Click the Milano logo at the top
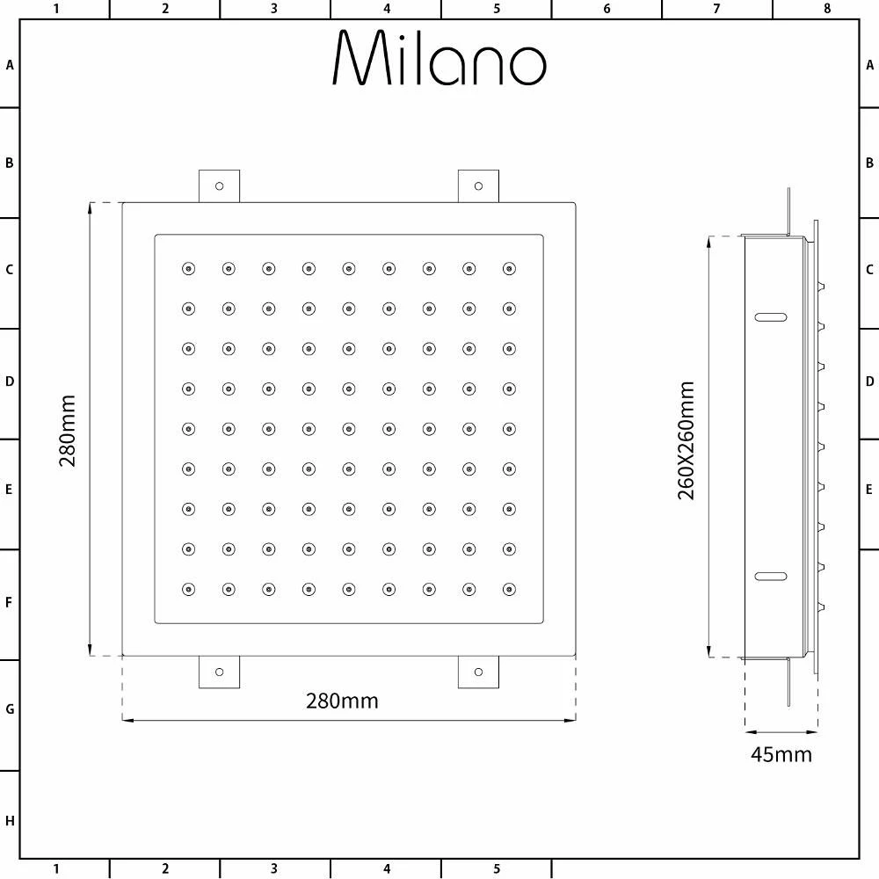[x=439, y=57]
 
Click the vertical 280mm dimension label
[x=68, y=431]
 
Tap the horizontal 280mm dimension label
[x=342, y=701]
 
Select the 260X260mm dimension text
[x=686, y=440]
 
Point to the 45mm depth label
[x=781, y=754]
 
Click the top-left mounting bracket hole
[x=219, y=186]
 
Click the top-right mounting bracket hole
[x=478, y=186]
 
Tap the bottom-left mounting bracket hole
[x=219, y=672]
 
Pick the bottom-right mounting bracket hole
[x=478, y=672]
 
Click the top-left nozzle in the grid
[x=188, y=268]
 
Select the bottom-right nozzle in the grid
[x=509, y=589]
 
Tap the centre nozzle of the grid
[x=349, y=429]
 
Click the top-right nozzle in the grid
[x=509, y=268]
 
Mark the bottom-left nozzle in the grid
[x=188, y=589]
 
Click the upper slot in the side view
[x=771, y=317]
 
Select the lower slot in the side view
[x=771, y=577]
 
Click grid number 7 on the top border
[x=716, y=9]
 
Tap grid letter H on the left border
[x=10, y=821]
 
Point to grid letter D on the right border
[x=869, y=381]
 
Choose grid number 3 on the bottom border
[x=274, y=869]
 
